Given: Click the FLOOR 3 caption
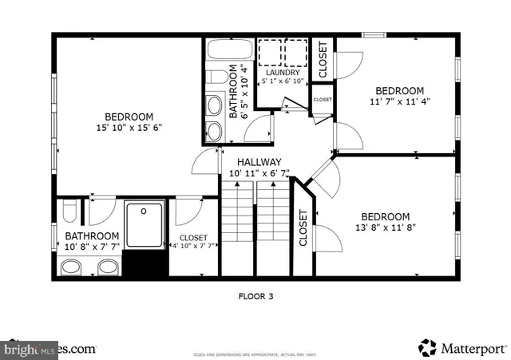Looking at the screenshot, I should [x=256, y=296].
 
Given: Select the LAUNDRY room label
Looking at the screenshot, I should [x=283, y=73].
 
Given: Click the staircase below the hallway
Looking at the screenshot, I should [x=255, y=227].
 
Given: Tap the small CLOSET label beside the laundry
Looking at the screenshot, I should [x=323, y=100].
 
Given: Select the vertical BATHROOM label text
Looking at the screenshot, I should [x=235, y=92].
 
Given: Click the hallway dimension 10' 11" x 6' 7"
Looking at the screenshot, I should [x=259, y=173].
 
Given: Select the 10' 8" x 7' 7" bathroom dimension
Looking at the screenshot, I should [x=92, y=247].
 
